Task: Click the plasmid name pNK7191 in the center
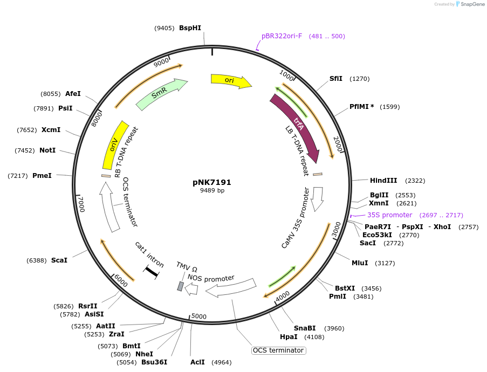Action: (212, 182)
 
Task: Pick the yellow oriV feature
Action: (114, 146)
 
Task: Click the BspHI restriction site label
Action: (190, 28)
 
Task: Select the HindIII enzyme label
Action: (383, 181)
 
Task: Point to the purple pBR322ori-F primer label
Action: (282, 36)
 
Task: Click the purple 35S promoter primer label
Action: (389, 215)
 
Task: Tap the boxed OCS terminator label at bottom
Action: (278, 350)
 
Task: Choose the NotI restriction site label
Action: (47, 150)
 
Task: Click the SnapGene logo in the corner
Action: (468, 4)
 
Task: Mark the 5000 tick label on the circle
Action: (199, 316)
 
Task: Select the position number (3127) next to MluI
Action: (385, 263)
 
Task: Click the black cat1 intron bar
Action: (151, 272)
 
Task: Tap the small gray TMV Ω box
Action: (180, 286)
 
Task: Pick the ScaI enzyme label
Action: (59, 260)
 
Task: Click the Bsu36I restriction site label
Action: (154, 362)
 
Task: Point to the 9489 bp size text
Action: (212, 191)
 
